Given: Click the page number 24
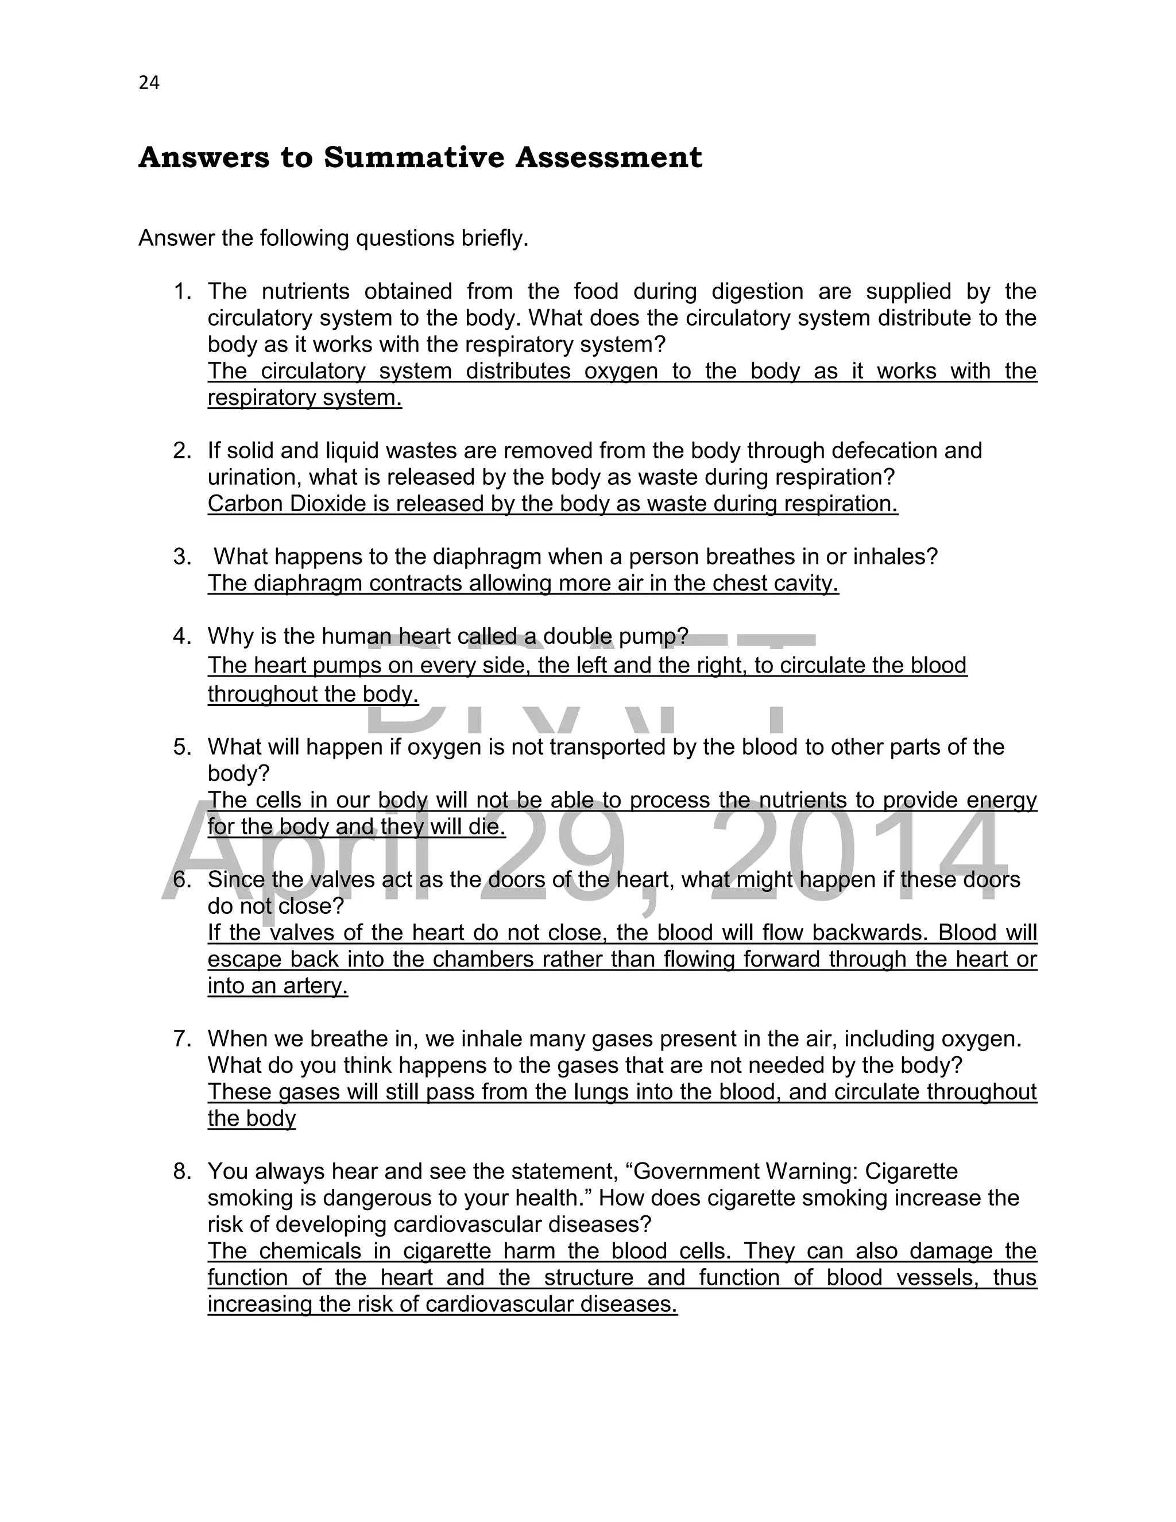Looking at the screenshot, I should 149,83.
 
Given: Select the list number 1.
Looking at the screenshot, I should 183,291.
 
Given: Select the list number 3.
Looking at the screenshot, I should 183,557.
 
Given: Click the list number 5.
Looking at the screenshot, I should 183,747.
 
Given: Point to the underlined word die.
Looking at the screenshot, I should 490,826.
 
